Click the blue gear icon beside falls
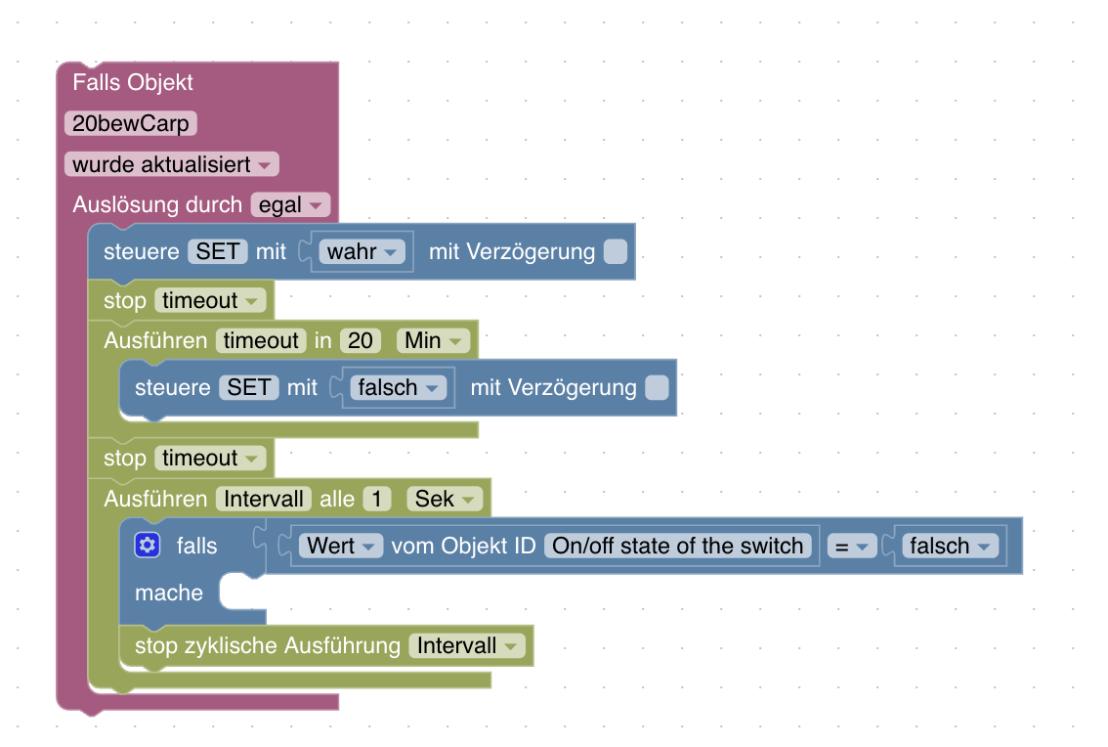pyautogui.click(x=148, y=546)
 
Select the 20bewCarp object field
pyautogui.click(x=131, y=123)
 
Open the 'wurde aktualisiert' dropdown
pyautogui.click(x=171, y=164)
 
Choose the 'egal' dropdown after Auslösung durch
pyautogui.click(x=290, y=205)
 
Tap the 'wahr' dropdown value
pyautogui.click(x=362, y=251)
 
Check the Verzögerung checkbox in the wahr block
pyautogui.click(x=615, y=251)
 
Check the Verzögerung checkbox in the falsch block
pyautogui.click(x=657, y=387)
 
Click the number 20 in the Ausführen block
pyautogui.click(x=361, y=340)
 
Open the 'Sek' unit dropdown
pyautogui.click(x=445, y=499)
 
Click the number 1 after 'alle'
pyautogui.click(x=376, y=499)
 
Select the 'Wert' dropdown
pyautogui.click(x=341, y=546)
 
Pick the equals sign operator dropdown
pyautogui.click(x=852, y=546)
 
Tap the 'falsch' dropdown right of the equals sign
pyautogui.click(x=949, y=546)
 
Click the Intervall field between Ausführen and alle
pyautogui.click(x=264, y=499)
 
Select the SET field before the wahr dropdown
pyautogui.click(x=218, y=251)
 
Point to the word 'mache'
pyautogui.click(x=169, y=593)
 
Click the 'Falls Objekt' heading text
pyautogui.click(x=133, y=82)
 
